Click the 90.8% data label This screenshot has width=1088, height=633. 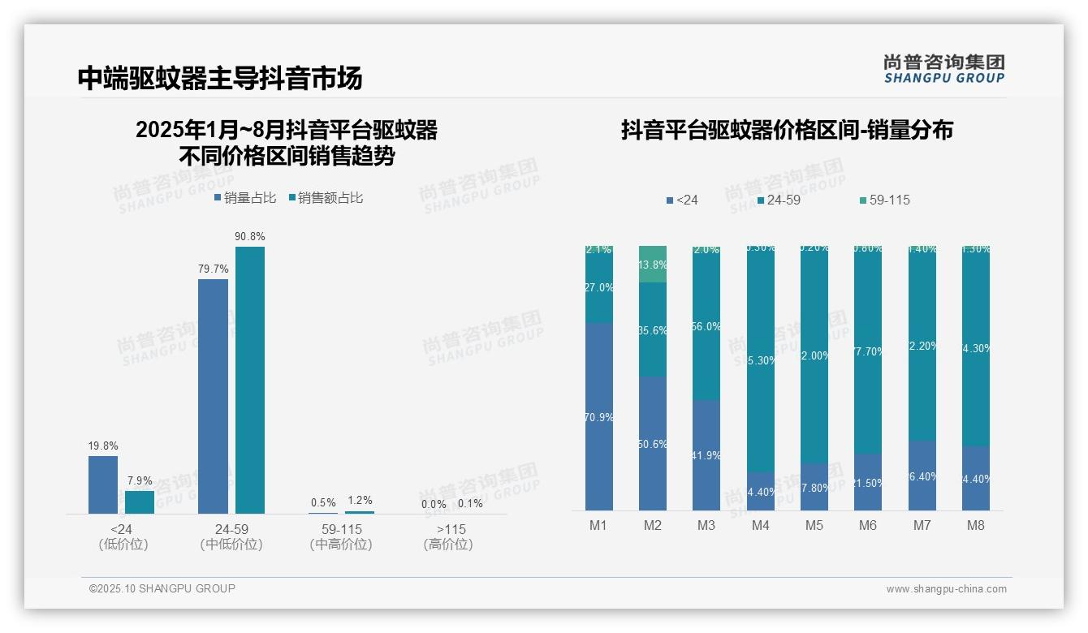point(250,236)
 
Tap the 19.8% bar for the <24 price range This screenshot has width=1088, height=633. point(103,484)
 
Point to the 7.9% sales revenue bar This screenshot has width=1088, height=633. point(140,502)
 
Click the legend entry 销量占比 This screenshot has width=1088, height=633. point(245,198)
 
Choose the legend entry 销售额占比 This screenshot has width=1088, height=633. point(326,198)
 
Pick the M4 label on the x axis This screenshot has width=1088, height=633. point(760,525)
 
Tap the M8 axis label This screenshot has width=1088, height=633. point(975,525)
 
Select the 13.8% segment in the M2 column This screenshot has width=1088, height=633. point(653,265)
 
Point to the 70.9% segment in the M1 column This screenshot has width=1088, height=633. point(599,416)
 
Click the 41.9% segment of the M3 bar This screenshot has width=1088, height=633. point(706,454)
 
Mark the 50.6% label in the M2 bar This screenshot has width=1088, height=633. point(653,444)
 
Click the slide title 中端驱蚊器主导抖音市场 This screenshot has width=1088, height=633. point(220,78)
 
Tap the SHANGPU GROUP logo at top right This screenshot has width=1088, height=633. point(944,69)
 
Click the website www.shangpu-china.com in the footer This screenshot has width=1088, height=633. point(946,589)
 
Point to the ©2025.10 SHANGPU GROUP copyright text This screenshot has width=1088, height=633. point(162,588)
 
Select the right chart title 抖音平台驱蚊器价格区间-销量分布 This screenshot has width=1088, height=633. point(787,130)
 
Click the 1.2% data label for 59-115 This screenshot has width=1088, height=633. point(359,501)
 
